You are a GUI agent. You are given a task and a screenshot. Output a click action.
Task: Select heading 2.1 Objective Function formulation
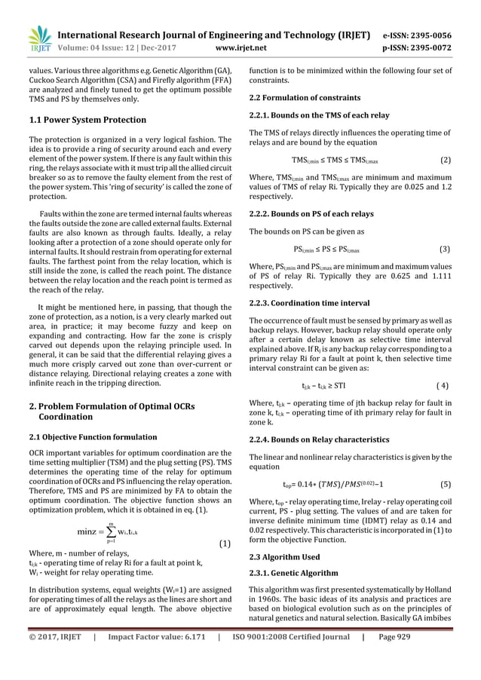(93, 437)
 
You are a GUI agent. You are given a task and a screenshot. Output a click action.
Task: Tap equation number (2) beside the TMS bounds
(445, 161)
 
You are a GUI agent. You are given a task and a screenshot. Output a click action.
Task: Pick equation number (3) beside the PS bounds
(445, 249)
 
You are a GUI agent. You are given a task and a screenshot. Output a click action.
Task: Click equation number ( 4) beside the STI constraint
(444, 385)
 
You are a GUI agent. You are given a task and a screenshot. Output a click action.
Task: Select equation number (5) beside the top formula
(445, 485)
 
